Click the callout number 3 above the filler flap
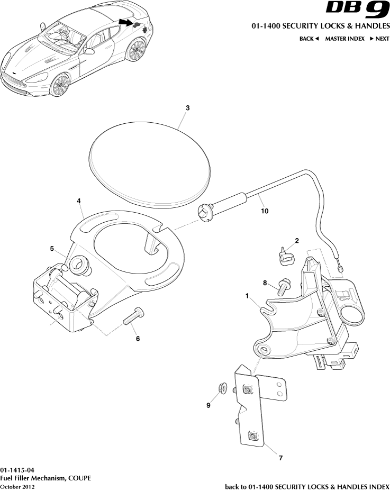coord(188,108)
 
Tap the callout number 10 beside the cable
coord(265,211)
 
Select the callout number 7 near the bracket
coord(280,458)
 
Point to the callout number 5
coord(52,249)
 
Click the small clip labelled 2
coord(285,256)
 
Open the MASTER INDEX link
coord(344,39)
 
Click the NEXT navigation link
coord(379,39)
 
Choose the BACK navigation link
coord(309,39)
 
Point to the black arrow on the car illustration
coord(125,22)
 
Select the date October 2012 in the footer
coord(17,487)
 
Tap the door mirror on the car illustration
coord(89,51)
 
